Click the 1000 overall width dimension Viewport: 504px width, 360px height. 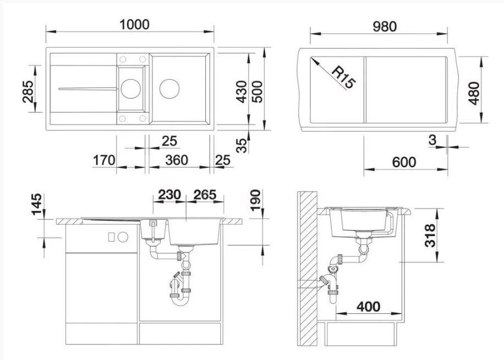click(x=134, y=25)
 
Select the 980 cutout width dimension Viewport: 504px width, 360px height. click(x=385, y=26)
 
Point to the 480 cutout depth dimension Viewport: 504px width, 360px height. click(x=474, y=93)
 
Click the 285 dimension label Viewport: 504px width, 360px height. click(x=28, y=91)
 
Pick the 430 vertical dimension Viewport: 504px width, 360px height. click(x=242, y=91)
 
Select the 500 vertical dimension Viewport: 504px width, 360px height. click(x=257, y=91)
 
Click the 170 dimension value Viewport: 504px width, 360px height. click(x=104, y=160)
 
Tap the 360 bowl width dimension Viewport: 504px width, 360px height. click(x=177, y=160)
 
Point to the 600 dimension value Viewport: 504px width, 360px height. click(x=404, y=162)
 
